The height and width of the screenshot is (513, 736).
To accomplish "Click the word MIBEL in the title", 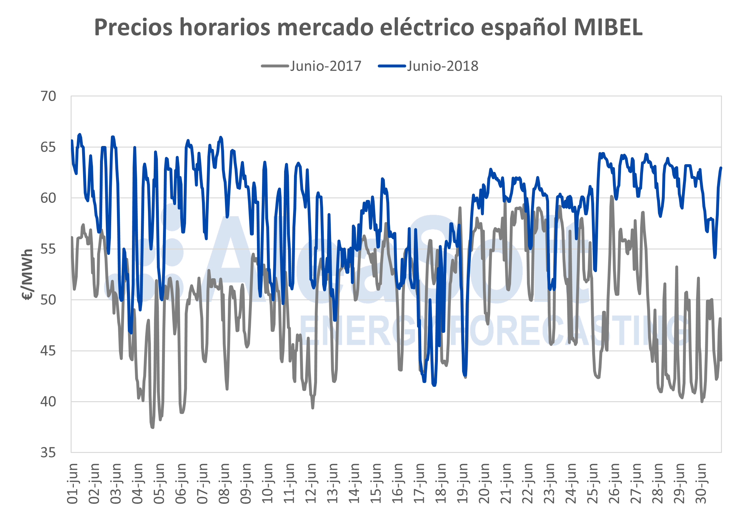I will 608,27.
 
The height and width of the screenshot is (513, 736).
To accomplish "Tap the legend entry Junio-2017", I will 325,66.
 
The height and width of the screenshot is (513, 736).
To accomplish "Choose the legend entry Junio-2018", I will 442,66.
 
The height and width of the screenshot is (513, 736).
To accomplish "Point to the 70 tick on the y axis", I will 48,96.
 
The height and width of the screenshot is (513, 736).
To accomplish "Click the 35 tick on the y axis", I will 48,452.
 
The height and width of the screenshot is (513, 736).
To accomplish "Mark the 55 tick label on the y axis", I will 48,249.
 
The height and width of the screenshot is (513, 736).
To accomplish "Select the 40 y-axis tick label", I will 48,402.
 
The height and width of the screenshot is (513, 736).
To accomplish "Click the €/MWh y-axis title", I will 27,274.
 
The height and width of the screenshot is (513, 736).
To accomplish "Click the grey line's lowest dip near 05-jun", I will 152,427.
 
